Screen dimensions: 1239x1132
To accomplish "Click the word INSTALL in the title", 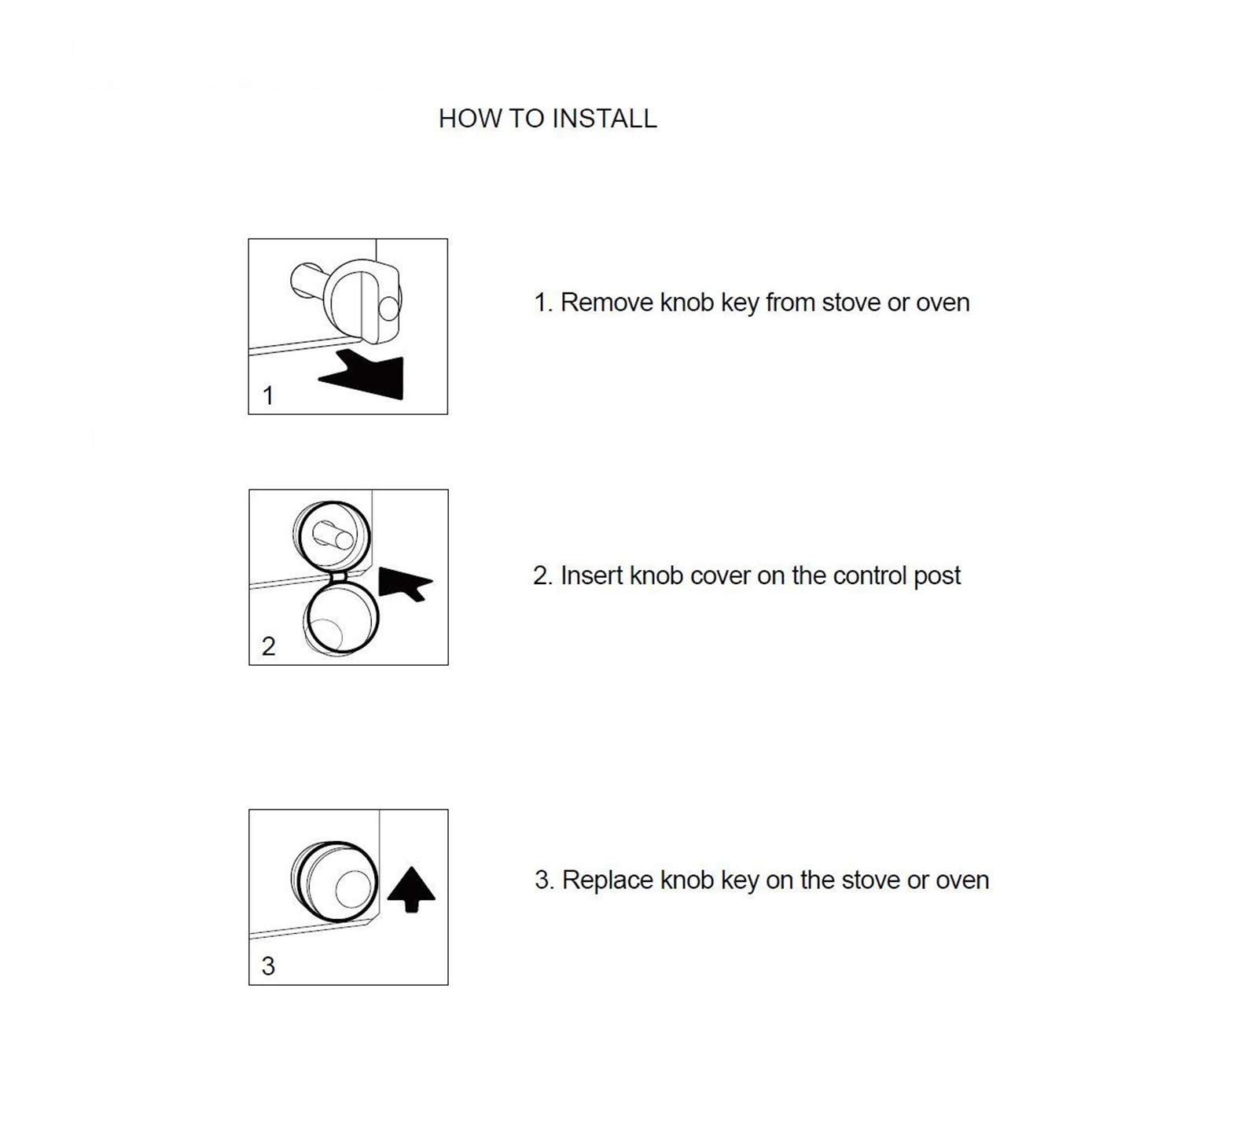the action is click(x=604, y=119).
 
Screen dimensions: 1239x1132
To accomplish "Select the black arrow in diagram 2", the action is click(x=404, y=583).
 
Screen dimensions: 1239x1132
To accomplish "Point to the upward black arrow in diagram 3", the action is click(x=411, y=889).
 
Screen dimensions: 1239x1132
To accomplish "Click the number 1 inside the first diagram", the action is click(x=268, y=395).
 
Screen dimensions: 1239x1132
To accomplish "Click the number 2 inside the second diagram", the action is click(x=268, y=646).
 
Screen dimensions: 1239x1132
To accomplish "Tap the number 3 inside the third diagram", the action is click(x=268, y=966).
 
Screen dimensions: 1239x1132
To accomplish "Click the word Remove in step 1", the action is click(x=607, y=303).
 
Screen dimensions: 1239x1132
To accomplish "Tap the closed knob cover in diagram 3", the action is click(x=334, y=885).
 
